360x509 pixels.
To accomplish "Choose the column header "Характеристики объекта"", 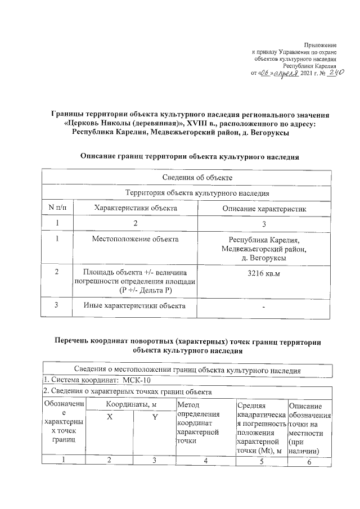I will (136, 208).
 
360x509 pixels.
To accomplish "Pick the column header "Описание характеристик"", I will (264, 209).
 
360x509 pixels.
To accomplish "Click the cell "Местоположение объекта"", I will (136, 240).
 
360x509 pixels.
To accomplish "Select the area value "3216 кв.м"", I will (264, 273).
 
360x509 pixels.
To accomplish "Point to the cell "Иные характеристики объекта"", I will (134, 306).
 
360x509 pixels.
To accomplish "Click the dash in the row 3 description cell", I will (264, 307).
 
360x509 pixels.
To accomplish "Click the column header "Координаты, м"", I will (133, 405).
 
